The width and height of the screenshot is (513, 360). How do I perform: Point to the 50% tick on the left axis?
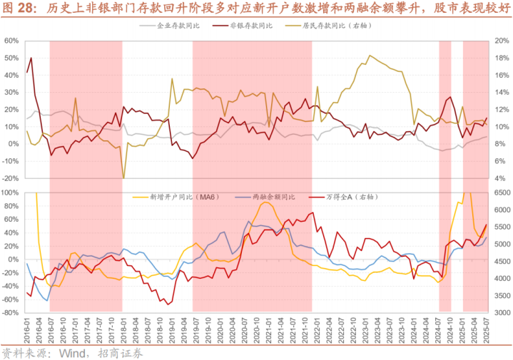[x=11, y=58]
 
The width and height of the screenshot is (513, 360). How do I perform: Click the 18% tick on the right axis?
[x=501, y=58]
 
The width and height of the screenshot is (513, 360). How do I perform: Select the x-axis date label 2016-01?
[x=27, y=329]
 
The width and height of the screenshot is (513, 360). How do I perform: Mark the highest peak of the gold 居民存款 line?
[x=369, y=56]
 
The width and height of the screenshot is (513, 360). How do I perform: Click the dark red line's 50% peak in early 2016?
[x=31, y=58]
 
